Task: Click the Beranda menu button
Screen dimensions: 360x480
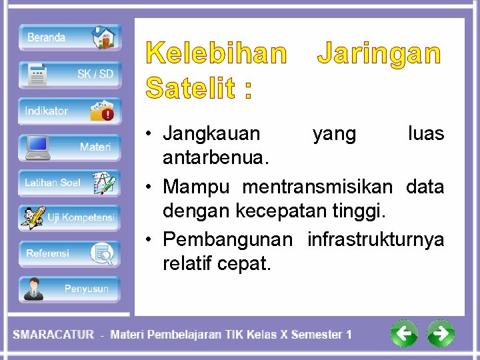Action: click(69, 38)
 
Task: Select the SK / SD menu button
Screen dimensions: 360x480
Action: click(69, 74)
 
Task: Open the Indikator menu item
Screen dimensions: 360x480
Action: click(69, 111)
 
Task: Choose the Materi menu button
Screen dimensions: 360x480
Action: click(69, 147)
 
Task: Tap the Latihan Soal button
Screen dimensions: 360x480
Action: click(69, 183)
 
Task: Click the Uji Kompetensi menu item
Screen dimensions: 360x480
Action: click(69, 217)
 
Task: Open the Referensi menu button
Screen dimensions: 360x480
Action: click(69, 253)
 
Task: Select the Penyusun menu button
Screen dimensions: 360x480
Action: click(69, 289)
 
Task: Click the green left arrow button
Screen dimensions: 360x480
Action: click(404, 333)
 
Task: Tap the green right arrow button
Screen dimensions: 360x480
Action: click(440, 333)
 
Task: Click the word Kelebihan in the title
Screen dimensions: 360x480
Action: click(217, 54)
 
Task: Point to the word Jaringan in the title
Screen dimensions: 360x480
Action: click(379, 54)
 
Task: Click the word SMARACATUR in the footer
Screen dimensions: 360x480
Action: click(53, 335)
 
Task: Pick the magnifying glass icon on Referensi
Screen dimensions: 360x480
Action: click(104, 254)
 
